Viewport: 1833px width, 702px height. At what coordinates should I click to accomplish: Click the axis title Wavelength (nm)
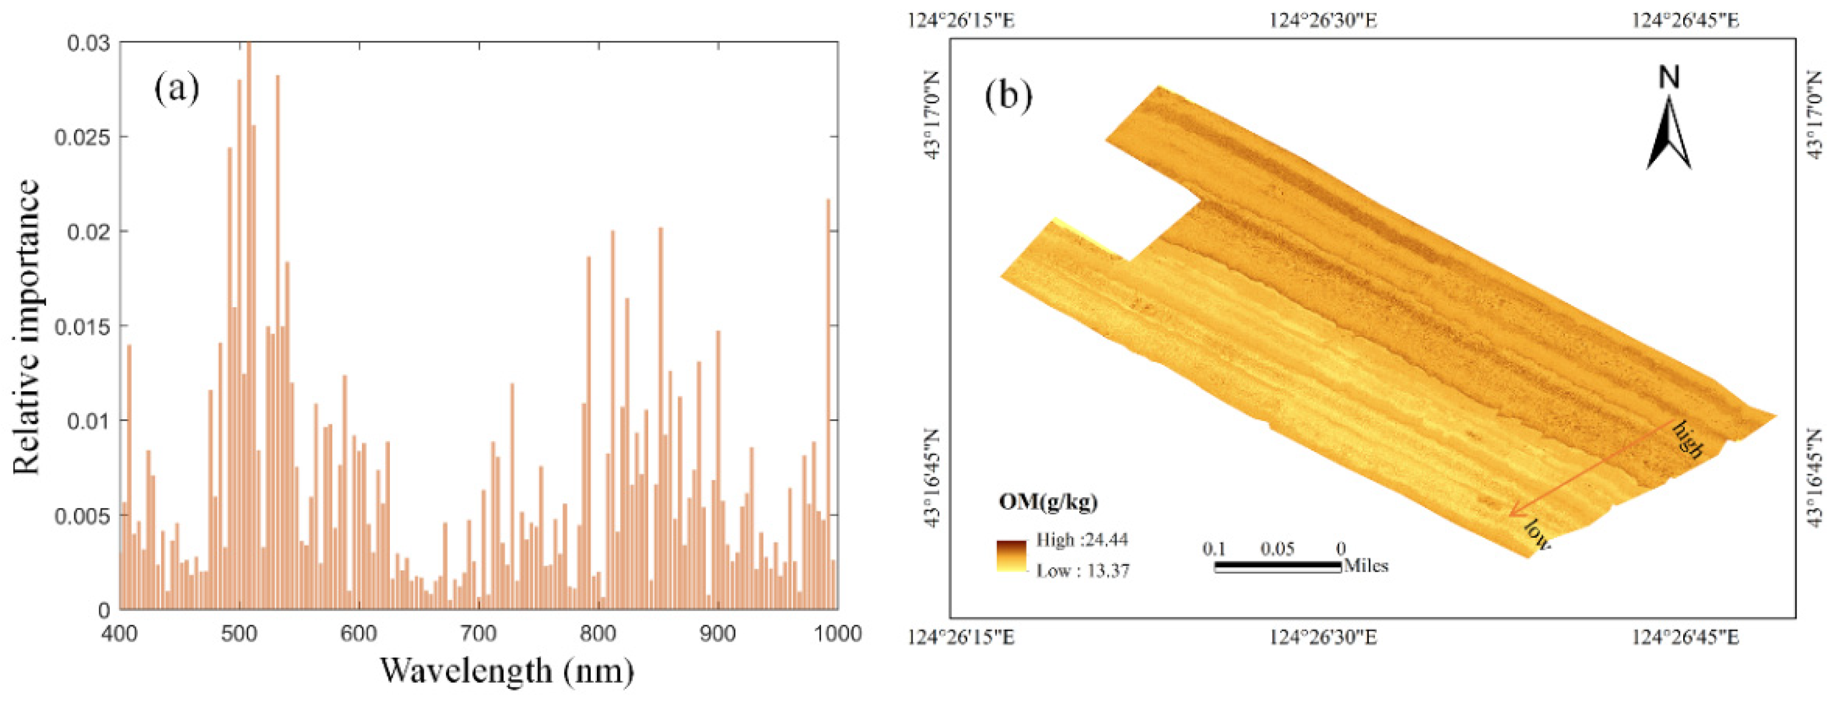tap(506, 670)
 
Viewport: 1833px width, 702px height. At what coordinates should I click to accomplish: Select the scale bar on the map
tap(1277, 567)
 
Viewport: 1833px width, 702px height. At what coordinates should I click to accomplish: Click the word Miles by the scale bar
tap(1365, 566)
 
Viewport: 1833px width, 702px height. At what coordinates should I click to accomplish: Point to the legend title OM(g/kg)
tap(1047, 501)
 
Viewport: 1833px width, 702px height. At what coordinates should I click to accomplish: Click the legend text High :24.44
tap(1082, 540)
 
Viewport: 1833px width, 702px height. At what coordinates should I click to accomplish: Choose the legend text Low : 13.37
tap(1082, 571)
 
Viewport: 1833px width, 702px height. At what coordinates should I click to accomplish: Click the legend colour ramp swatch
tap(1011, 556)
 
